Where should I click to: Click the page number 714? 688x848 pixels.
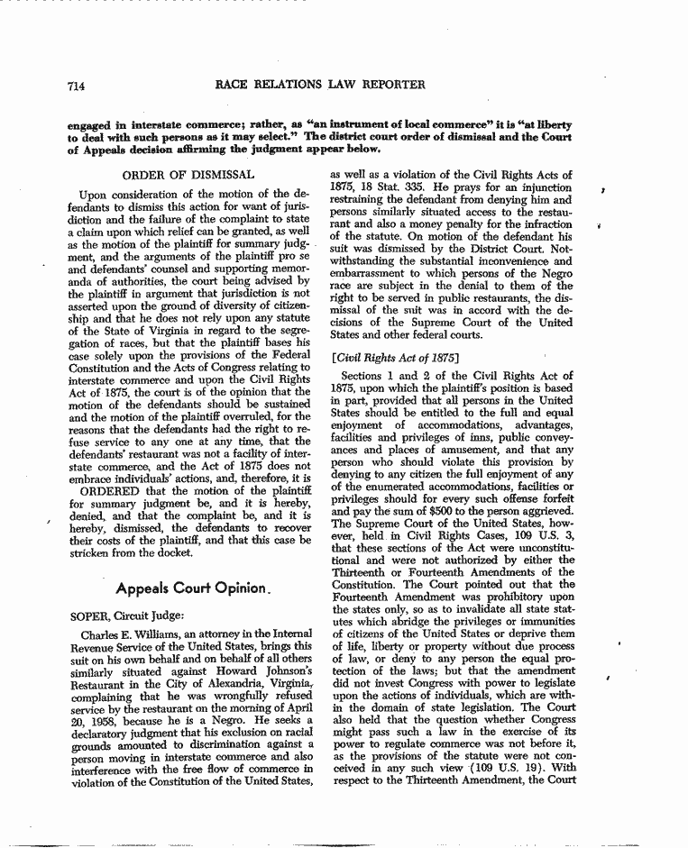point(76,87)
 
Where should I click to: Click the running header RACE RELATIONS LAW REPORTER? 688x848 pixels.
point(321,86)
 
